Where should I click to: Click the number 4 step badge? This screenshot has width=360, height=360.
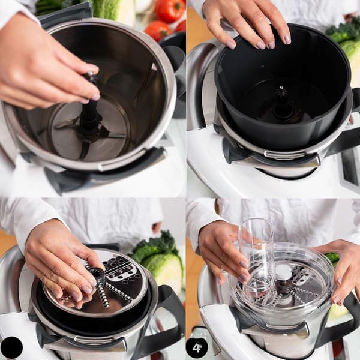point(197,348)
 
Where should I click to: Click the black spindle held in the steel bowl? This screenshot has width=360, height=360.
point(91,103)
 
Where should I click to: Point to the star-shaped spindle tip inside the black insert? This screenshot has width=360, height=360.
point(281,91)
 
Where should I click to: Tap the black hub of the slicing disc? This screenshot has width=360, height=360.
point(97,275)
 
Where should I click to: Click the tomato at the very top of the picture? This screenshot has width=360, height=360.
point(169,10)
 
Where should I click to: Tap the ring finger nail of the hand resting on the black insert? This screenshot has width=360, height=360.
point(271,44)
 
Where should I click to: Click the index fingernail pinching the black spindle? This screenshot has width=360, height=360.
point(95,97)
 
